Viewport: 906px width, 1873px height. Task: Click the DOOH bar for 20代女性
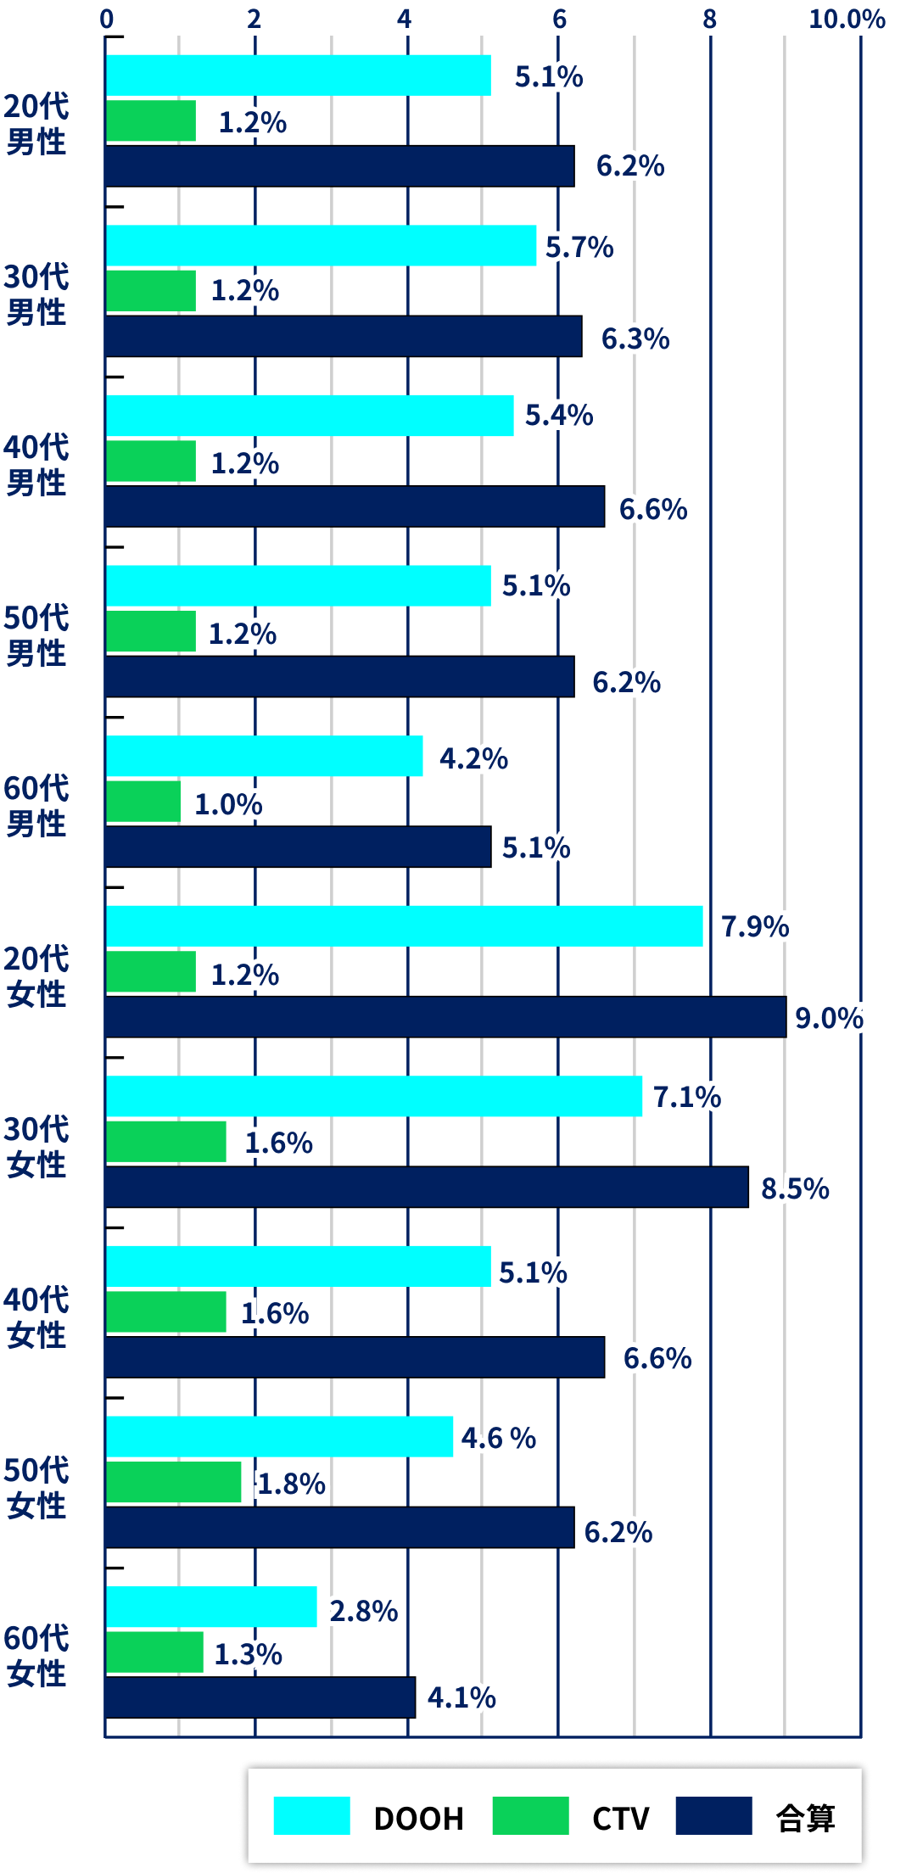click(x=405, y=925)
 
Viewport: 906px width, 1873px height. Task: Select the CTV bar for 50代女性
click(x=174, y=1482)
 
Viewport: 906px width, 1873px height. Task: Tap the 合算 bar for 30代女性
click(x=427, y=1187)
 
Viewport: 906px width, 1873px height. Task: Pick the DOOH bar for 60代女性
click(x=211, y=1607)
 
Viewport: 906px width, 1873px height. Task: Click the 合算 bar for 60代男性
click(x=298, y=847)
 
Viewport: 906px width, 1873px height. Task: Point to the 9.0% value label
click(x=829, y=1017)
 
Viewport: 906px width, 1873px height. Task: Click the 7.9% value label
click(x=755, y=926)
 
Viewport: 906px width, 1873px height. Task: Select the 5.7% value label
click(x=580, y=247)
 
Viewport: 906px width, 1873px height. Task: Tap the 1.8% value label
click(x=292, y=1484)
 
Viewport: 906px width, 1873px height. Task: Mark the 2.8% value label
click(x=365, y=1610)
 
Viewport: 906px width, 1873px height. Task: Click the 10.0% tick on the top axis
click(x=847, y=19)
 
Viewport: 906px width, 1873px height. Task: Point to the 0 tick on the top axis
click(x=107, y=19)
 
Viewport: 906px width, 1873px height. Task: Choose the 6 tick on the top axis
click(x=559, y=19)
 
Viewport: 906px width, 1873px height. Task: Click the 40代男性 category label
click(x=36, y=465)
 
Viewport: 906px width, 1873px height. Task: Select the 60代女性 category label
click(x=36, y=1656)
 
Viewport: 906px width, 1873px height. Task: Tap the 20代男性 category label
click(x=36, y=124)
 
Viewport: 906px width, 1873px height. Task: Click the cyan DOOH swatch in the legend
click(x=311, y=1815)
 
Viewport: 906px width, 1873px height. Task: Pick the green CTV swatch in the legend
click(x=530, y=1815)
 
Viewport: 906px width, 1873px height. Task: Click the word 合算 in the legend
click(x=805, y=1818)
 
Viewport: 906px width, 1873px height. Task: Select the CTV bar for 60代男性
click(x=143, y=802)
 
